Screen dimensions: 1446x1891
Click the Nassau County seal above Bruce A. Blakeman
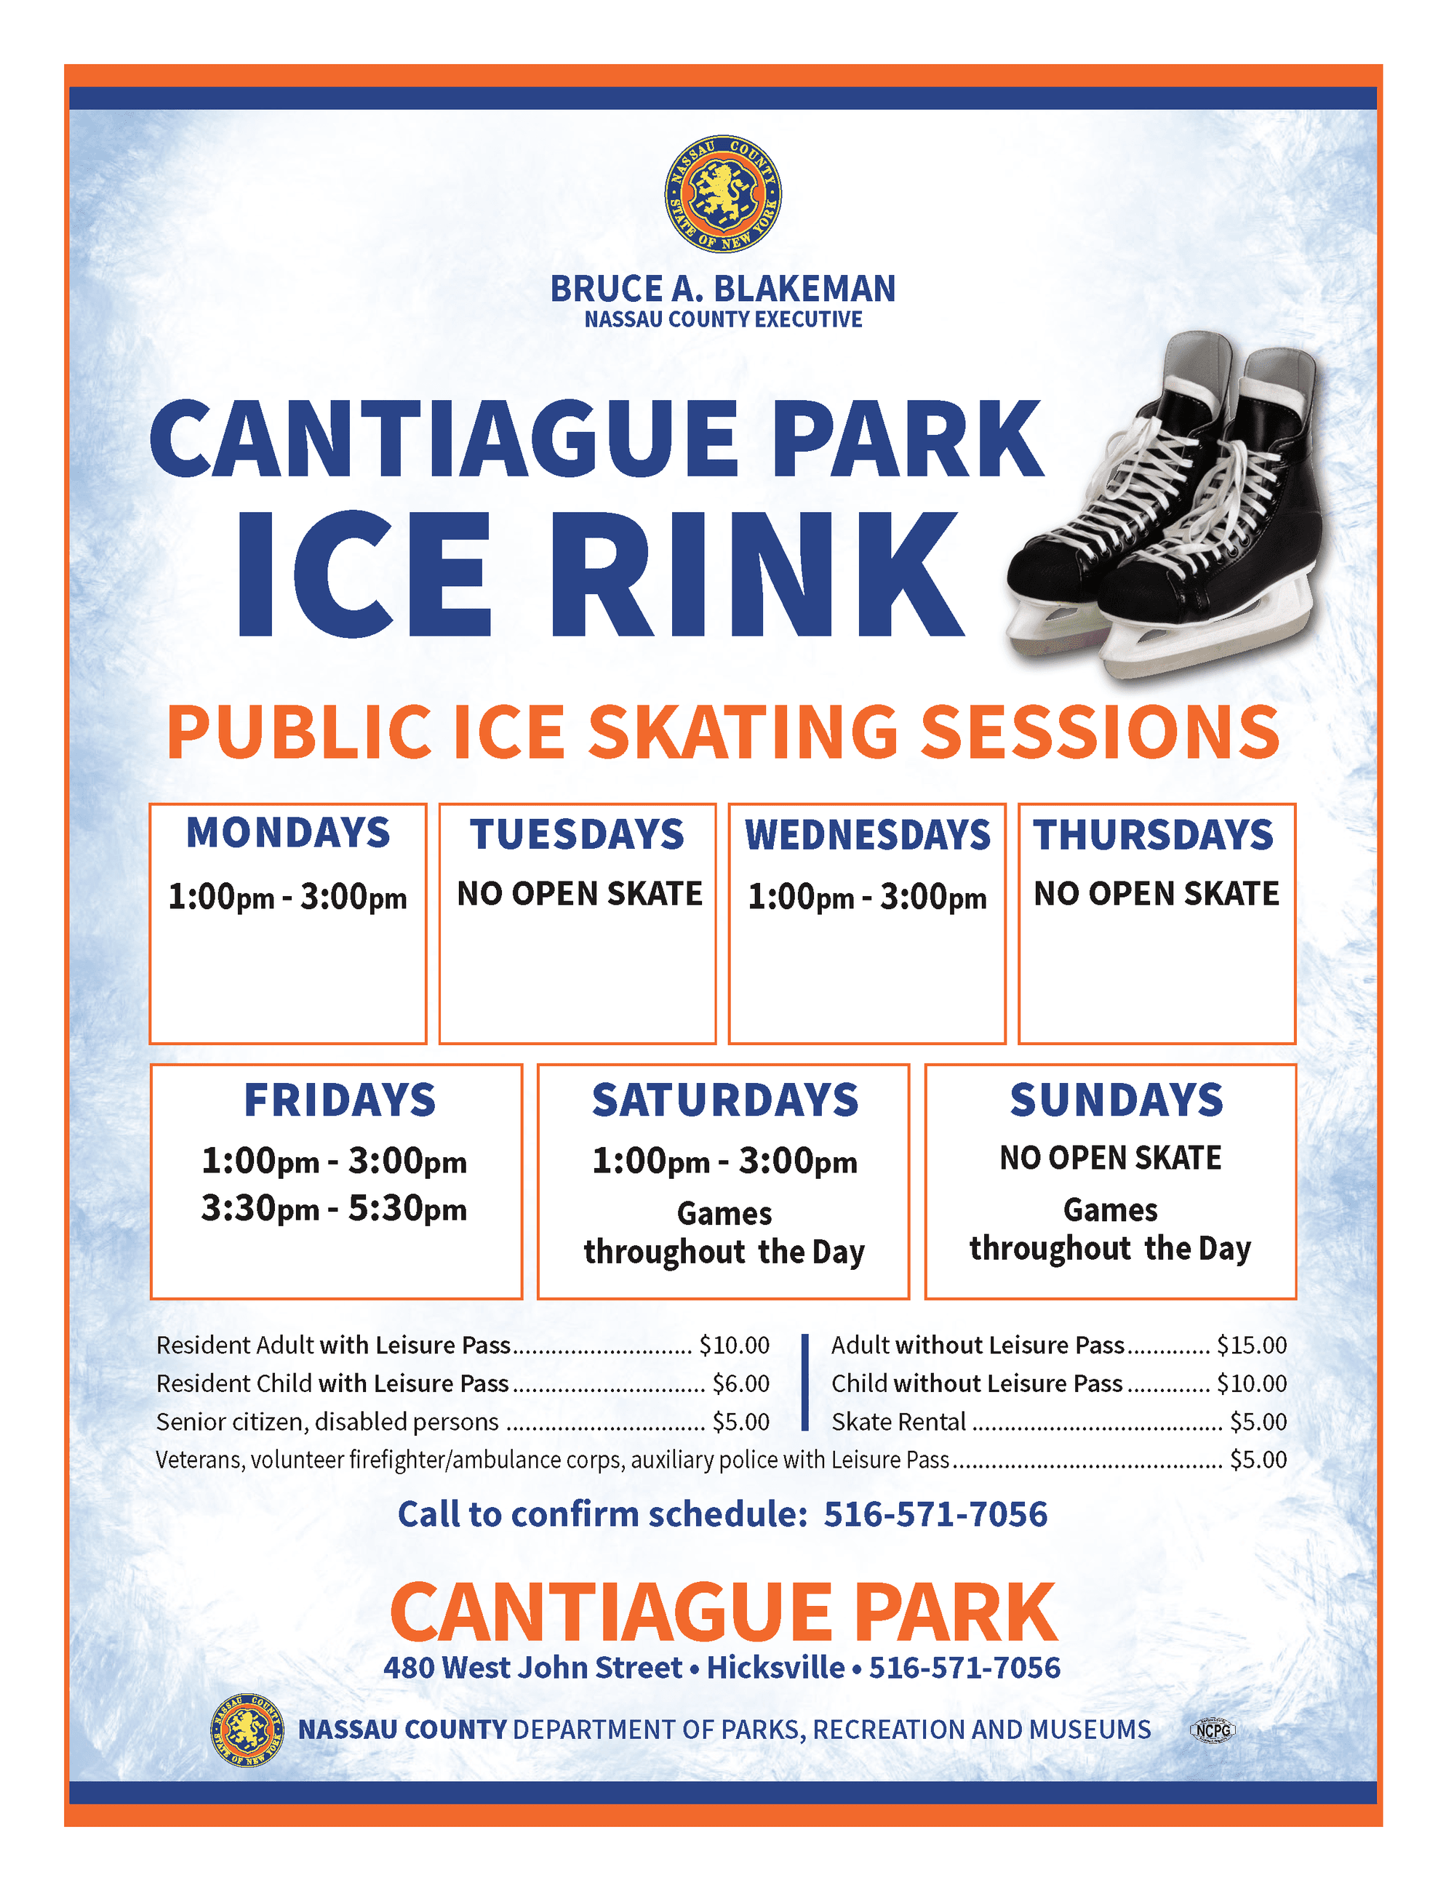(723, 193)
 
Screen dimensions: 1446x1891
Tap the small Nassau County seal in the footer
(247, 1730)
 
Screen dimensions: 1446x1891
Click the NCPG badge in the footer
(1212, 1730)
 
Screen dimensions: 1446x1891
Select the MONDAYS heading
(288, 833)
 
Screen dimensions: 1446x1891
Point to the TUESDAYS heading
(577, 835)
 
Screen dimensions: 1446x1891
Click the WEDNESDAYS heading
(868, 835)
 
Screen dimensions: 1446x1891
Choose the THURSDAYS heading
(1154, 835)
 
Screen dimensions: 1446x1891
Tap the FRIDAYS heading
(340, 1100)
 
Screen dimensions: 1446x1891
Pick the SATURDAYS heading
(724, 1100)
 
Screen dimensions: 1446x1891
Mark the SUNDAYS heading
(1117, 1100)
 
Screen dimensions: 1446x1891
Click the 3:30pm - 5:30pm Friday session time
(334, 1210)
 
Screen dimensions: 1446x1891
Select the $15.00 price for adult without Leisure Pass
(1252, 1346)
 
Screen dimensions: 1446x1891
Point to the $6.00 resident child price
(740, 1383)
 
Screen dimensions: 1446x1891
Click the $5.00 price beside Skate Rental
(1258, 1421)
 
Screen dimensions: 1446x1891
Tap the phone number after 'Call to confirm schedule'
(935, 1514)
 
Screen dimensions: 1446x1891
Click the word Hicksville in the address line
(775, 1667)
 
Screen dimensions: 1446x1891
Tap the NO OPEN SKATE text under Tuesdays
(579, 893)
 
